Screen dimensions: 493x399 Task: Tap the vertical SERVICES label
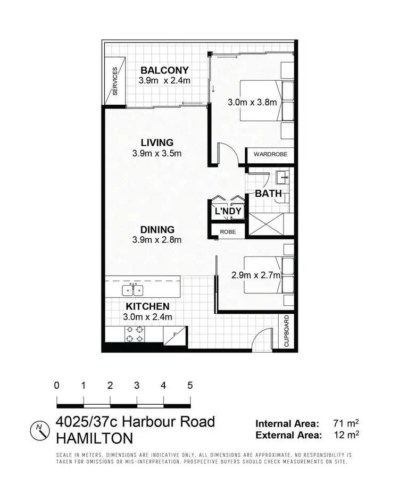[x=115, y=81]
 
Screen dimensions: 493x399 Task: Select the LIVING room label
[x=157, y=143]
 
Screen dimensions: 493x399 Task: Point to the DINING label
[x=157, y=230]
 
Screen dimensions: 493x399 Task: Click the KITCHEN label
[x=147, y=306]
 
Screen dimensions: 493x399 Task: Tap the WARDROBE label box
[x=270, y=154]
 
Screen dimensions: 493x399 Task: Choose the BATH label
[x=268, y=194]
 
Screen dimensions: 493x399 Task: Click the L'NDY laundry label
[x=228, y=212]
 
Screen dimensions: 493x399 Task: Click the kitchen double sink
[x=132, y=290]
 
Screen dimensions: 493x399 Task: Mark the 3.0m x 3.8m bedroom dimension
[x=252, y=102]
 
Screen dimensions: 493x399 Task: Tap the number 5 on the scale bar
[x=190, y=386]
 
